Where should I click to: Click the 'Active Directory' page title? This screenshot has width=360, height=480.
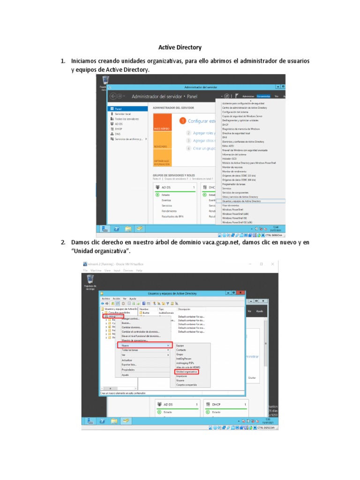(x=180, y=47)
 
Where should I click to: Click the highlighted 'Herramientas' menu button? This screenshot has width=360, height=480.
(x=263, y=96)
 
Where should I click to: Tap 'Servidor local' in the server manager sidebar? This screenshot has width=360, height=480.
(x=123, y=114)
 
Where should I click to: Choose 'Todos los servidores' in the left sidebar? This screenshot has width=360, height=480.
(x=127, y=119)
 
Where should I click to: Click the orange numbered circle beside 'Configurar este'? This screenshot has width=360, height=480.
(x=183, y=121)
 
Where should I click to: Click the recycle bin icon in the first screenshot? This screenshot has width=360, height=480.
(x=103, y=82)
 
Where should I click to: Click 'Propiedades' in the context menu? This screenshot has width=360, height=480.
(x=128, y=370)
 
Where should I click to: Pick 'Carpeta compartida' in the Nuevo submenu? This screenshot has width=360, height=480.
(x=187, y=385)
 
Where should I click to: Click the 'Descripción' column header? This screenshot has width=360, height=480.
(x=184, y=309)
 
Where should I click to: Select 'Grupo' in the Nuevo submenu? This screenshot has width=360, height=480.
(x=180, y=354)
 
